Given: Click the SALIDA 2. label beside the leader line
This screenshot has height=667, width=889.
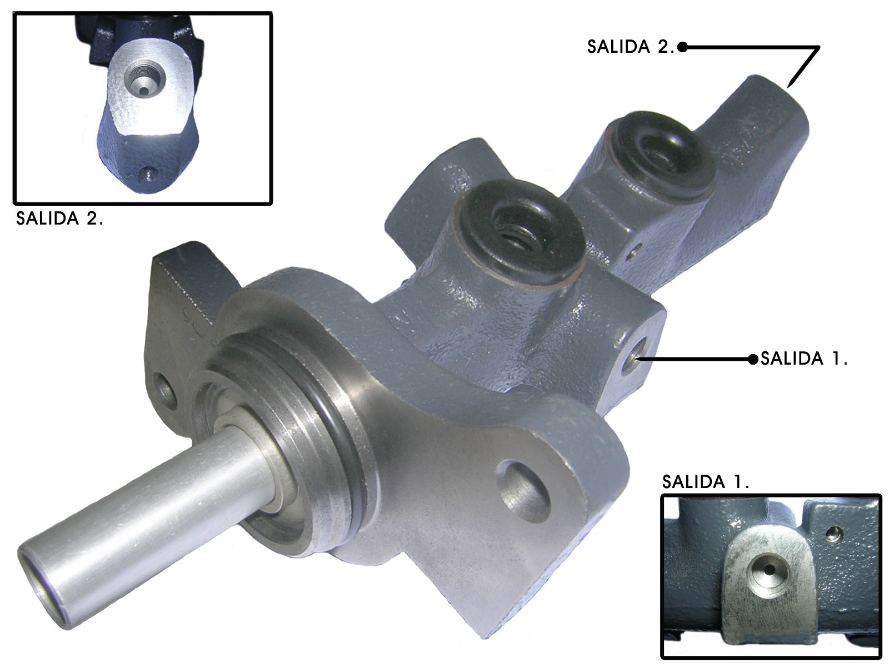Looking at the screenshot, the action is [x=630, y=47].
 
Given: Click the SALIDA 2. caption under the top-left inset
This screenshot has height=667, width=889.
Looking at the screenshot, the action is [x=59, y=218].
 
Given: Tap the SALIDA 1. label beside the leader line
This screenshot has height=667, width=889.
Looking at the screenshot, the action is [x=803, y=359].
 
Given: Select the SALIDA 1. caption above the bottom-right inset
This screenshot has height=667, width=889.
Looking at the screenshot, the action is [x=706, y=481].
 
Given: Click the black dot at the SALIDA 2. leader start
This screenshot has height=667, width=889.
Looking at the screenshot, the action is [x=682, y=47].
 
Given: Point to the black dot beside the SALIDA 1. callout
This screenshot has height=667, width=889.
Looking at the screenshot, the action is [x=753, y=359].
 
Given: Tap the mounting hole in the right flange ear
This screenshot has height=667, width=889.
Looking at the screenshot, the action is [x=522, y=491].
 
